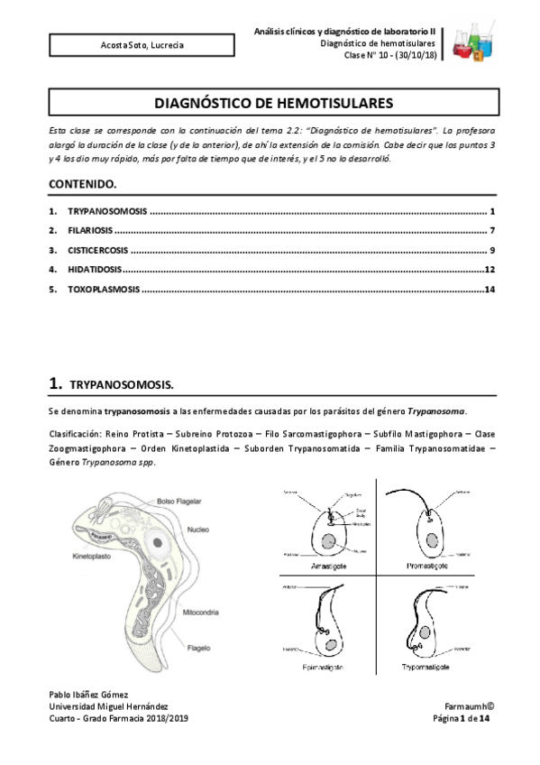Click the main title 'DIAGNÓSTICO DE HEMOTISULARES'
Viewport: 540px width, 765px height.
[x=270, y=104]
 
